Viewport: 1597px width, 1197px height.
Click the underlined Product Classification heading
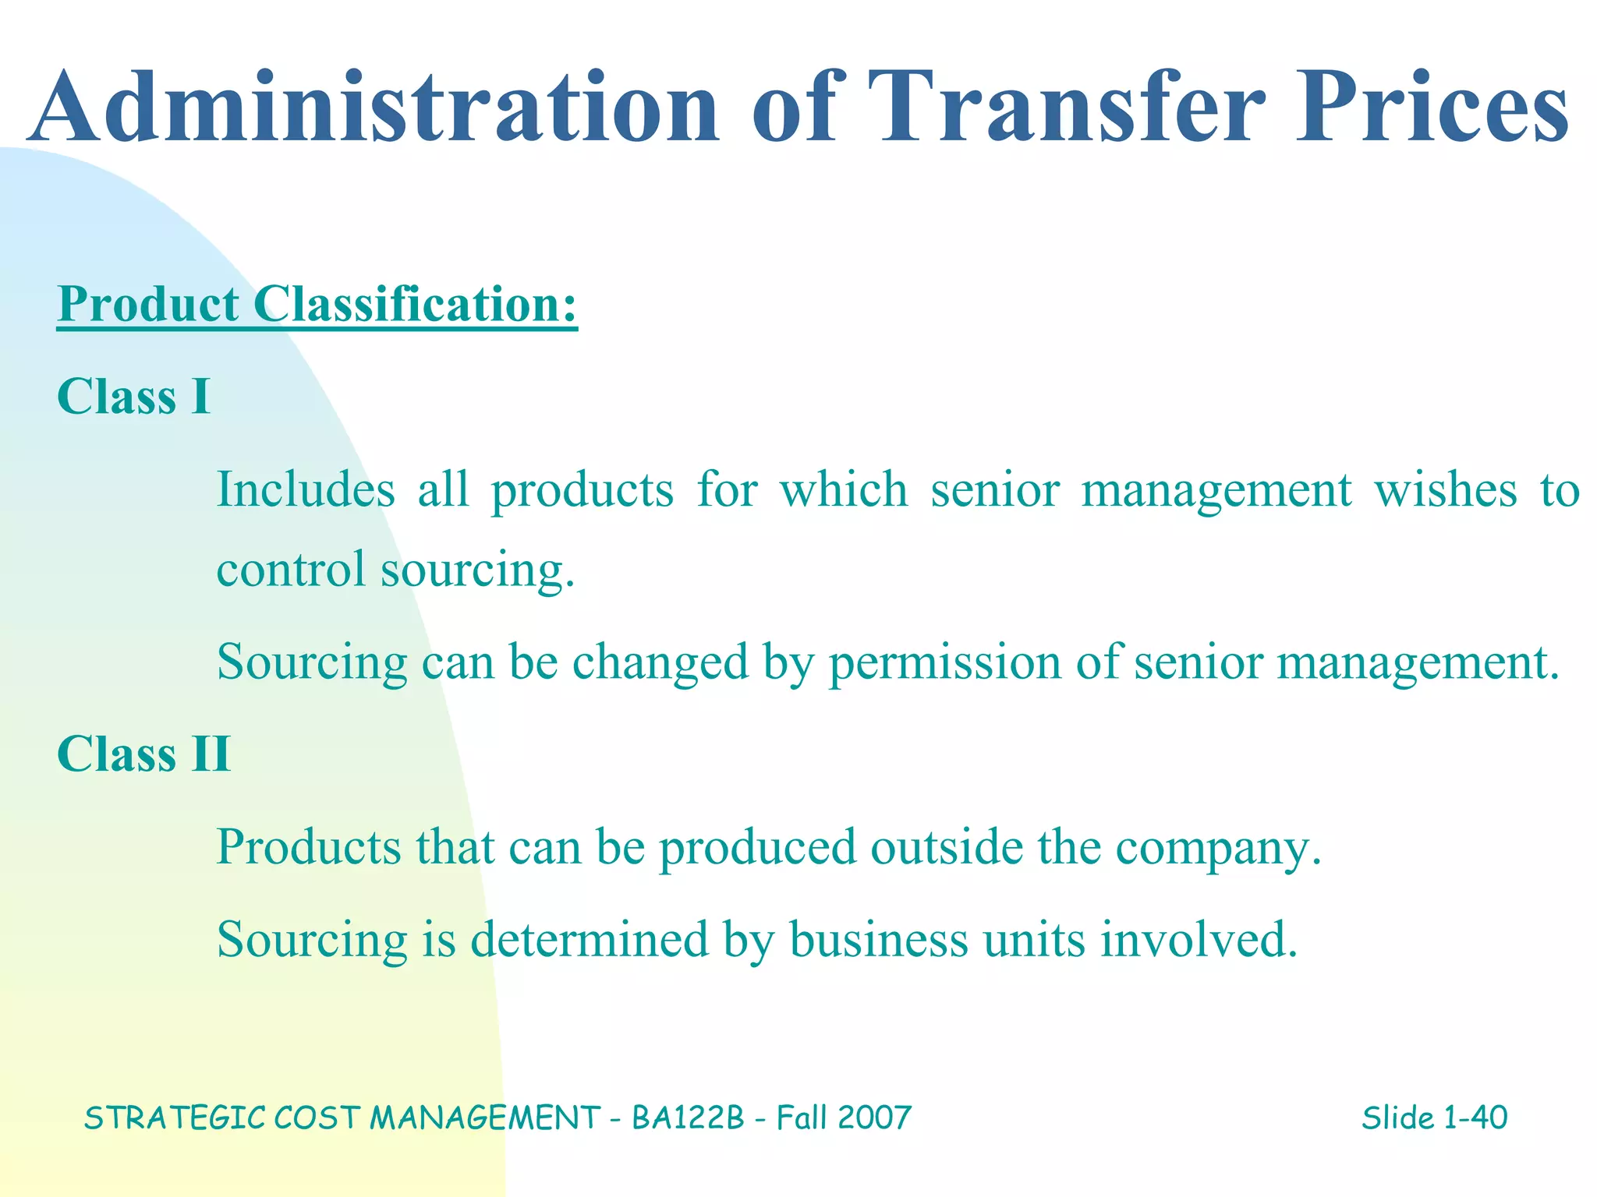(x=317, y=304)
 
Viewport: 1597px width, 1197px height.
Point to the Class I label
(x=133, y=396)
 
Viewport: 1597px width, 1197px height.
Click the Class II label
(x=143, y=754)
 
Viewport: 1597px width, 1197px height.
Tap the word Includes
(x=306, y=489)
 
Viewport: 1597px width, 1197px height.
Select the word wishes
(x=1445, y=489)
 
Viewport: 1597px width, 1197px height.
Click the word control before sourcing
(x=291, y=569)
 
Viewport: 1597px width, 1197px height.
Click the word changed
(x=660, y=662)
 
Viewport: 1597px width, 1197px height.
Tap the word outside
(x=946, y=846)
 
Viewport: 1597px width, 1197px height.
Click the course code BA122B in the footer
(x=688, y=1118)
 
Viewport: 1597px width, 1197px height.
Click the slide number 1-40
(x=1475, y=1118)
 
